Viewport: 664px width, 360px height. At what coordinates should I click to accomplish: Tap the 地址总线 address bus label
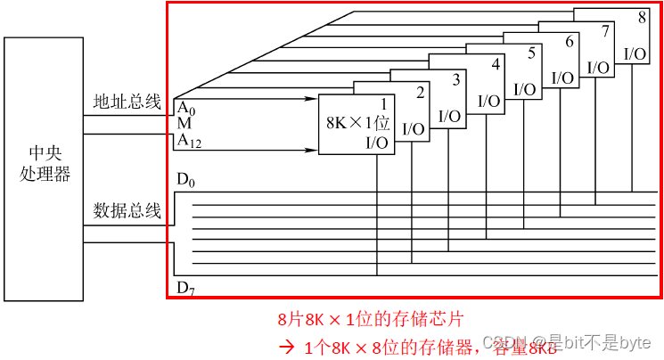point(127,102)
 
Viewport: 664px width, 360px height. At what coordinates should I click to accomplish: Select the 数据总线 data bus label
point(127,211)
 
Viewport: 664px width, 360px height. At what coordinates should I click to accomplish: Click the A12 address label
point(187,140)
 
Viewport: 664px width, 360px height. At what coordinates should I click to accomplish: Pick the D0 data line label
point(184,181)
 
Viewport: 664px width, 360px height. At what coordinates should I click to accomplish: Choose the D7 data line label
point(184,287)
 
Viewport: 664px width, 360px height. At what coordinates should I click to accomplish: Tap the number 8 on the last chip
point(642,17)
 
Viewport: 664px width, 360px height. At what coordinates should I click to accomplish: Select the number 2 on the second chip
point(421,92)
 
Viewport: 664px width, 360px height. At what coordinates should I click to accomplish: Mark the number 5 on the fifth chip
point(531,53)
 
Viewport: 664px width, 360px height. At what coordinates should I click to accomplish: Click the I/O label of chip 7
point(598,67)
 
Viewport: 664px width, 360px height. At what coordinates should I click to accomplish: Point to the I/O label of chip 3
point(449,116)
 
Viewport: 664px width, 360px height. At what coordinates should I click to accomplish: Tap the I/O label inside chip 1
point(377,143)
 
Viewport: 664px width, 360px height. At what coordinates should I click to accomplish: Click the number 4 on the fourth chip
point(495,66)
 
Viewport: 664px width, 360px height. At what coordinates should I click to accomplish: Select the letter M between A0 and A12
point(184,123)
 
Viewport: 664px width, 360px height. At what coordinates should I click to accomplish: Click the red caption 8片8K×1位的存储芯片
point(370,318)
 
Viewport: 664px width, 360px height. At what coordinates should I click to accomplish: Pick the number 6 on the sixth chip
point(569,41)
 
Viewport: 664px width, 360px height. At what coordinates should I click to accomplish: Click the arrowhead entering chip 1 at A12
point(314,140)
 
